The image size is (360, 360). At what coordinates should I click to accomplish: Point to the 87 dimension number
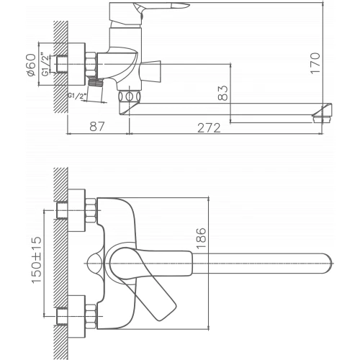click(x=95, y=127)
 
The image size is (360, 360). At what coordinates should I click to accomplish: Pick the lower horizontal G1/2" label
click(x=77, y=95)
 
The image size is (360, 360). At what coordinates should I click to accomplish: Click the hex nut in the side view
click(x=89, y=65)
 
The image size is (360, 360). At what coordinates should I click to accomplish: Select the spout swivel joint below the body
click(x=130, y=96)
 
